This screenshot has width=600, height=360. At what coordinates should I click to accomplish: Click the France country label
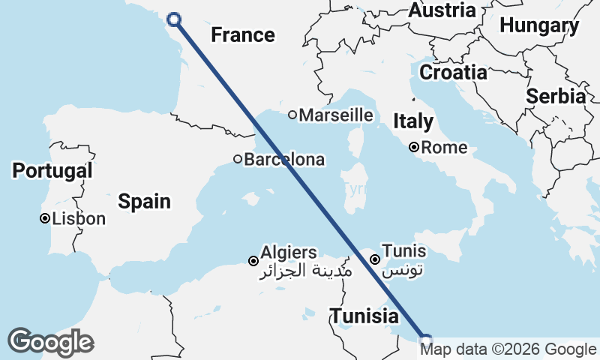(242, 34)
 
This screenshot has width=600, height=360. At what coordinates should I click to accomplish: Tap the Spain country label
(144, 201)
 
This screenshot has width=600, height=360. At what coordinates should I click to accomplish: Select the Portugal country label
(52, 170)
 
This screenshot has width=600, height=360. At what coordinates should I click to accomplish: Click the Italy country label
(413, 121)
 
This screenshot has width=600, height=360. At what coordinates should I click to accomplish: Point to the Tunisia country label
(365, 316)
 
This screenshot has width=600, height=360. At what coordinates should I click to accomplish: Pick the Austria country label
(442, 10)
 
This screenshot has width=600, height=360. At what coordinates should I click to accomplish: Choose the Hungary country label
(539, 25)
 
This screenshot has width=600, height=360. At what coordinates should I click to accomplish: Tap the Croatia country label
(453, 73)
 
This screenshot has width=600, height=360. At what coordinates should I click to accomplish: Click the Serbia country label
(556, 96)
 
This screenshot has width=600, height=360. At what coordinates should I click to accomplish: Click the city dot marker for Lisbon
(45, 219)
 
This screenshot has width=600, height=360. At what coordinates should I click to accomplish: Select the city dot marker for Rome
(414, 148)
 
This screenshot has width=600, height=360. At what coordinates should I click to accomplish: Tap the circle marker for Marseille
(292, 115)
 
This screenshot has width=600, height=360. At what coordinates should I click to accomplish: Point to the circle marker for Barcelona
(238, 159)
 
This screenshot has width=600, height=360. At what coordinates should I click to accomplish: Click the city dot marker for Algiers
(253, 261)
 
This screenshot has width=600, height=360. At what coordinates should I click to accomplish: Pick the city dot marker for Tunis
(374, 259)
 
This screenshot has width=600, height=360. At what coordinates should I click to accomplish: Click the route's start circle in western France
(174, 20)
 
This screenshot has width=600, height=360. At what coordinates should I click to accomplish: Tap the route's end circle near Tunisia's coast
(426, 340)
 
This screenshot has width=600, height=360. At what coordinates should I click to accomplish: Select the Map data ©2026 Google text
(508, 349)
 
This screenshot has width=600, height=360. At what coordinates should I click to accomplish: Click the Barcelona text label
(284, 160)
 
